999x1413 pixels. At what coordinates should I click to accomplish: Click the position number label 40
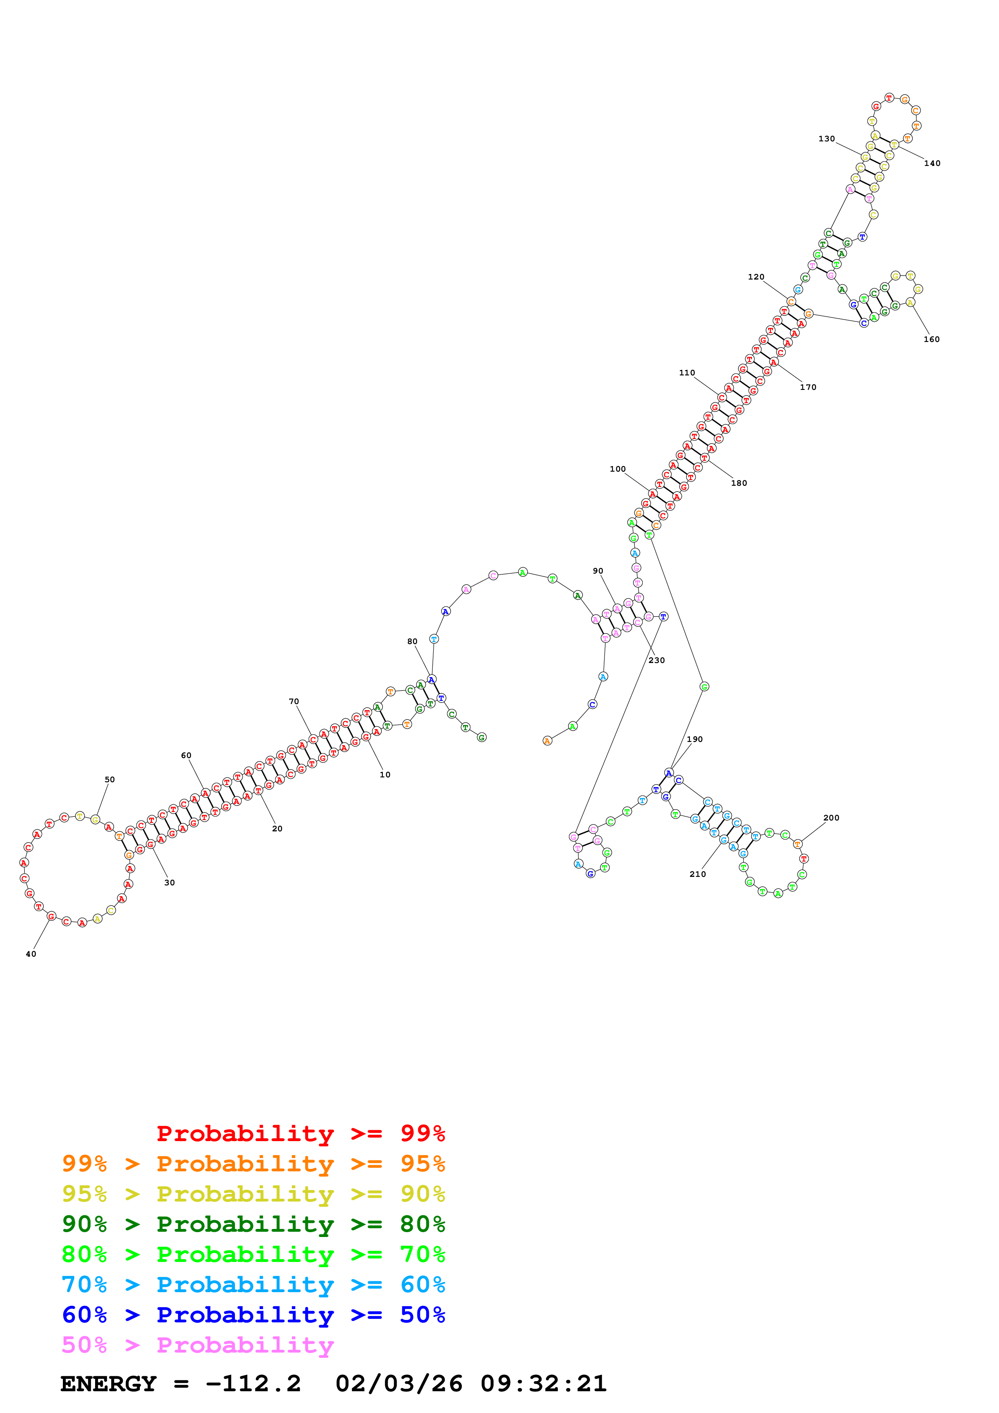click(x=31, y=954)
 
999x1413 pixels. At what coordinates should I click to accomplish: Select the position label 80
click(x=412, y=641)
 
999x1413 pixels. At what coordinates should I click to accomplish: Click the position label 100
click(x=617, y=469)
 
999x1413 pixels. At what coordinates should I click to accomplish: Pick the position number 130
click(x=827, y=139)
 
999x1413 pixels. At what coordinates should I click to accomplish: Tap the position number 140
click(x=932, y=163)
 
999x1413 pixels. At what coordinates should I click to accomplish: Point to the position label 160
click(x=931, y=339)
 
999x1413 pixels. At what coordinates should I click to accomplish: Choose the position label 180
click(x=739, y=483)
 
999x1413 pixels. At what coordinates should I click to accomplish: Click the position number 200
click(x=831, y=818)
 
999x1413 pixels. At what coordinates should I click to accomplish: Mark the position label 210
click(x=698, y=874)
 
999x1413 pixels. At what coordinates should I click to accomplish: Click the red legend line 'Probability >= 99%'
click(x=300, y=1133)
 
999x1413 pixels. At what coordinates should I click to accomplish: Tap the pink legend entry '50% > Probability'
click(x=197, y=1345)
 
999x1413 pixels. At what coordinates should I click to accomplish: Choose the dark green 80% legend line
click(x=253, y=1224)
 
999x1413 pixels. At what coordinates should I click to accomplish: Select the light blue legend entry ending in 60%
click(x=253, y=1285)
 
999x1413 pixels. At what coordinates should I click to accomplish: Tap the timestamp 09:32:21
click(x=544, y=1384)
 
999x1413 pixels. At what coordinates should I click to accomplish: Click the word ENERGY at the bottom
click(x=108, y=1384)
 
